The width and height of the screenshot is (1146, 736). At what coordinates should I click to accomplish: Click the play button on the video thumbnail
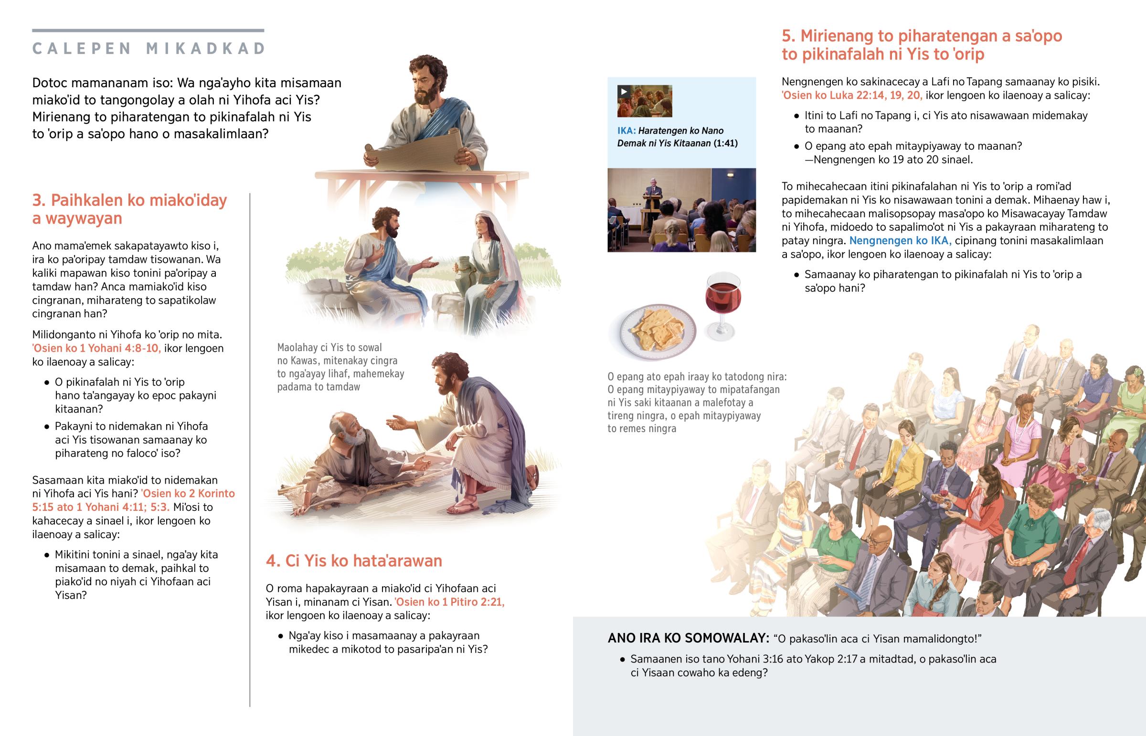pyautogui.click(x=624, y=92)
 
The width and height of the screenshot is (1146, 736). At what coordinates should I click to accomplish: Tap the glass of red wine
pyautogui.click(x=723, y=306)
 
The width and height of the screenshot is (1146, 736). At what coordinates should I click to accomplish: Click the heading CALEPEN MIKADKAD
pyautogui.click(x=149, y=49)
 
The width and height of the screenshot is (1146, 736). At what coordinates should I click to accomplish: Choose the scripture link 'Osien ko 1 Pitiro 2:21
pyautogui.click(x=450, y=601)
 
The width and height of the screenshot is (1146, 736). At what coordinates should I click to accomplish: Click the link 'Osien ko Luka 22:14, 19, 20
pyautogui.click(x=852, y=95)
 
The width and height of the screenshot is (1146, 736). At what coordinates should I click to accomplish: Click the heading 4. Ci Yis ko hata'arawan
pyautogui.click(x=354, y=560)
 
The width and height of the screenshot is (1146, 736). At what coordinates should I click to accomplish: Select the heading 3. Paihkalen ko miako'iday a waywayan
pyautogui.click(x=129, y=209)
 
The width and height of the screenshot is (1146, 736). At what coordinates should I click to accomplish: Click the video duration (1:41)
pyautogui.click(x=726, y=144)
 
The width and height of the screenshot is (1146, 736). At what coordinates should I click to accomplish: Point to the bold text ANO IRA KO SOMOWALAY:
pyautogui.click(x=688, y=638)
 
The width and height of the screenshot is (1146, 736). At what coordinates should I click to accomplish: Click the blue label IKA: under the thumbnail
pyautogui.click(x=626, y=131)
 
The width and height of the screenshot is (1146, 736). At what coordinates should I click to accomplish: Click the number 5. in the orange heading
pyautogui.click(x=789, y=36)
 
